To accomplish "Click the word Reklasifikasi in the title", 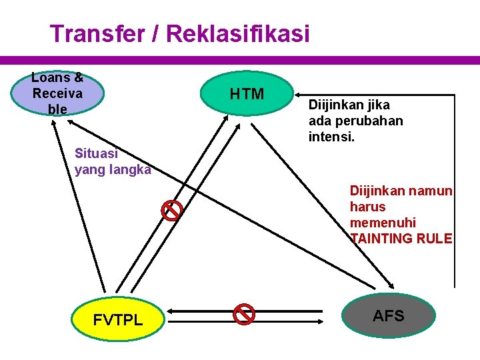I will [238, 33].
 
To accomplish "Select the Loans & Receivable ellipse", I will [58, 93].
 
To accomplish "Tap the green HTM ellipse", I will [247, 94].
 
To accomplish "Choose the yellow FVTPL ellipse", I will [118, 319].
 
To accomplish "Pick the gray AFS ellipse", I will [388, 316].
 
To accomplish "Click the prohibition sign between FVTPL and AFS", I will [245, 313].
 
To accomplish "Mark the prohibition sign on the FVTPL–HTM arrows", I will [172, 211].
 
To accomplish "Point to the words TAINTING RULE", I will [401, 239].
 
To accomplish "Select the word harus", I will [367, 207].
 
